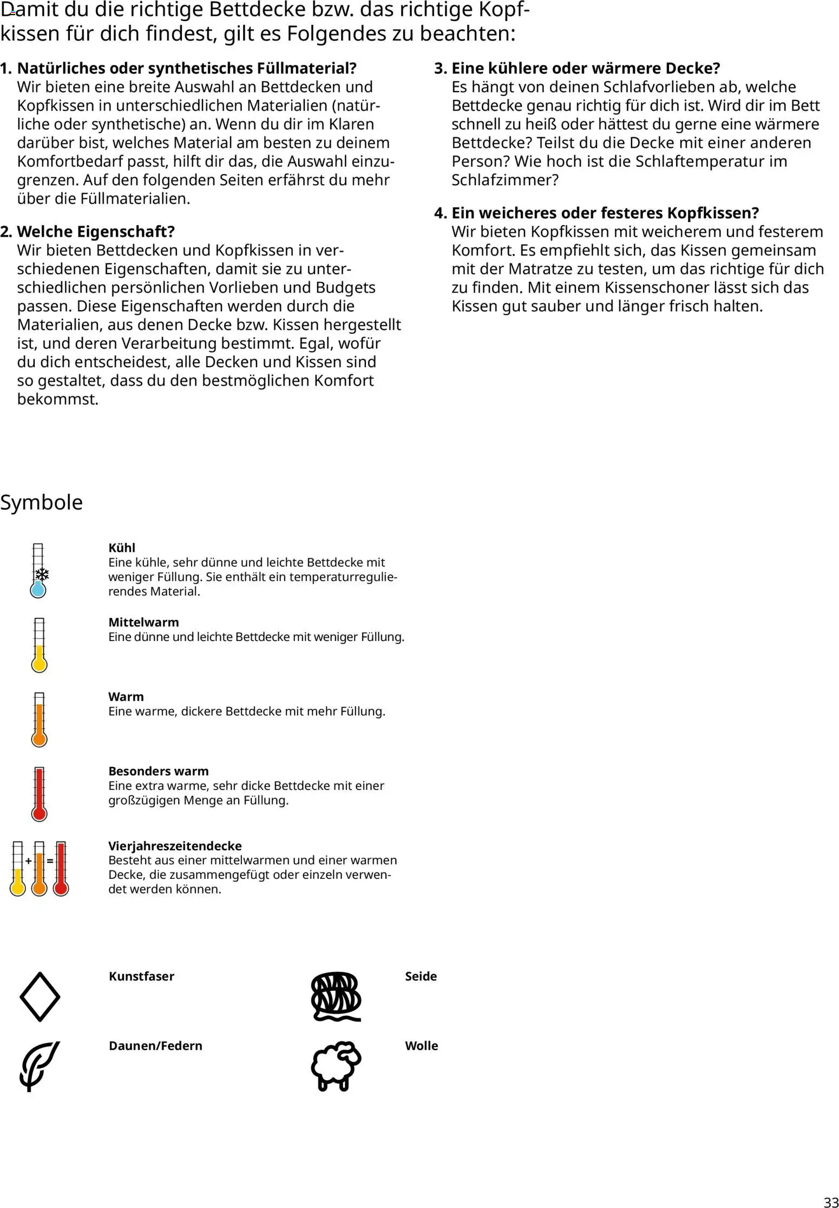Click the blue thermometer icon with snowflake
coord(38,571)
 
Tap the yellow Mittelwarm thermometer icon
coord(39,645)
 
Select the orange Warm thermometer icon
coord(39,720)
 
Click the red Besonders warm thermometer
coord(39,794)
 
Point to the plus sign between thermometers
coord(28,860)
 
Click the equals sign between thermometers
coord(50,860)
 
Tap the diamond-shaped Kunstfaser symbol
coord(40,997)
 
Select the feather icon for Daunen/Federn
coord(40,1066)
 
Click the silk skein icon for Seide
coord(336,997)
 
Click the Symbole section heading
coord(41,502)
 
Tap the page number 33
coord(830,1199)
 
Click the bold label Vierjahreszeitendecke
coord(175,846)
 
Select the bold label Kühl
coord(122,548)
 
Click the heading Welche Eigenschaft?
coord(96,232)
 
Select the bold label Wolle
coord(421,1046)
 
